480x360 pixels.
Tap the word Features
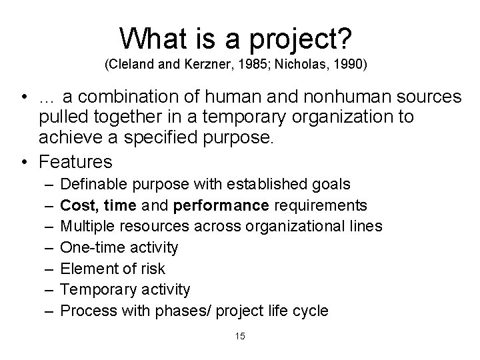76,162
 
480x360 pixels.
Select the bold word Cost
77,205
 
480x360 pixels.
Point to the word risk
151,269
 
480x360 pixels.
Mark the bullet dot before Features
25,162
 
